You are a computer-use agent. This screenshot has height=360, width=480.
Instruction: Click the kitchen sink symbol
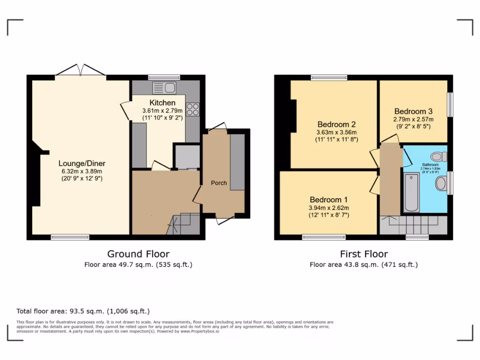pos(164,88)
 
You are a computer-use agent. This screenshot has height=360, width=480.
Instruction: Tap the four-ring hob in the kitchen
pos(193,109)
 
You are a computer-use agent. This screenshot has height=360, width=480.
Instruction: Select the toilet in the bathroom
pos(439,157)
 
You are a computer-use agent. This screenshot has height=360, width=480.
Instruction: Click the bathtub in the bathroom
pos(412,193)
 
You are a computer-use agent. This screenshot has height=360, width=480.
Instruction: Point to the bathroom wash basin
pos(441,183)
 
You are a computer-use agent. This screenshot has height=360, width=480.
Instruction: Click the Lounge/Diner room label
pos(82,164)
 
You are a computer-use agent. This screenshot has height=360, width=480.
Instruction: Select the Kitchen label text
pos(163,103)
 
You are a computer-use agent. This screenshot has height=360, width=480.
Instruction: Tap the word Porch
pos(219,183)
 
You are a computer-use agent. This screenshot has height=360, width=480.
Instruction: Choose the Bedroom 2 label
pos(337,124)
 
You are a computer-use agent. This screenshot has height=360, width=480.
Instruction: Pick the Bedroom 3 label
pos(413,112)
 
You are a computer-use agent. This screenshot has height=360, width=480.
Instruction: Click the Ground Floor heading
pos(138,254)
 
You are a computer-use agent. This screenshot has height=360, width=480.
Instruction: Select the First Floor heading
pos(364,254)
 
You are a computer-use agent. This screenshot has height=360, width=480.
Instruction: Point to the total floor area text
pos(83,311)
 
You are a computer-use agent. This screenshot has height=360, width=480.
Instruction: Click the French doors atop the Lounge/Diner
pos(81,70)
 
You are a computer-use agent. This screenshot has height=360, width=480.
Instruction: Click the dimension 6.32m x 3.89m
pos(82,171)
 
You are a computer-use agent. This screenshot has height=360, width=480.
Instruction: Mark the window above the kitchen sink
pos(164,77)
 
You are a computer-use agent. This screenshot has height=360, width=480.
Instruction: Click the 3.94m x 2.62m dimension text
pos(329,208)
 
